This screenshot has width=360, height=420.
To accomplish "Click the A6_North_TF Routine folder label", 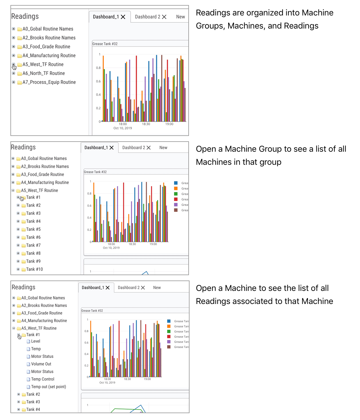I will click(43, 73).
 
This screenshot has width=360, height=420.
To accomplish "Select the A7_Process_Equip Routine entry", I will click(49, 82).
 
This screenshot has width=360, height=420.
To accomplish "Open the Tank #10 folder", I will click(34, 269).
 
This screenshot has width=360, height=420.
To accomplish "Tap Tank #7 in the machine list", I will click(33, 245).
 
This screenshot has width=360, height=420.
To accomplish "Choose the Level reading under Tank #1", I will click(35, 341).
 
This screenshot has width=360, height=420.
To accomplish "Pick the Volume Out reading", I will click(41, 364).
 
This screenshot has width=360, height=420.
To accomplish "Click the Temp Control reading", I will click(43, 379).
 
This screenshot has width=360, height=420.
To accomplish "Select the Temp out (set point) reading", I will click(48, 387).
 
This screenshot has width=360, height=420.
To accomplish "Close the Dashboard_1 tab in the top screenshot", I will click(123, 17).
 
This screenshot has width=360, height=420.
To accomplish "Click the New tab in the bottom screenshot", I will click(157, 288).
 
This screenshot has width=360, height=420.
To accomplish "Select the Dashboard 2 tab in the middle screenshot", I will click(134, 148).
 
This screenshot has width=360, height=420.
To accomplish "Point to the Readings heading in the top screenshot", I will click(25, 16).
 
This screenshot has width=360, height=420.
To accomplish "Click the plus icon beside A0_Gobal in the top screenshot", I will click(13, 29).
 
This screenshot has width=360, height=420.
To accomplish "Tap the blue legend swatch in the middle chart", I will click(176, 183).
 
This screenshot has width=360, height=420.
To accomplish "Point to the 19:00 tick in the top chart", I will click(169, 124).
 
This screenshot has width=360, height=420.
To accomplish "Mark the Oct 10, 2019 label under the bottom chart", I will click(107, 383).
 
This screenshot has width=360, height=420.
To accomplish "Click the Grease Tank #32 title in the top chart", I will click(105, 44).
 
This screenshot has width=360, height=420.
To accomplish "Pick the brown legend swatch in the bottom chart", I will click(169, 347).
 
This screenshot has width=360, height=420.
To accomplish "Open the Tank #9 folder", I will click(33, 261).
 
